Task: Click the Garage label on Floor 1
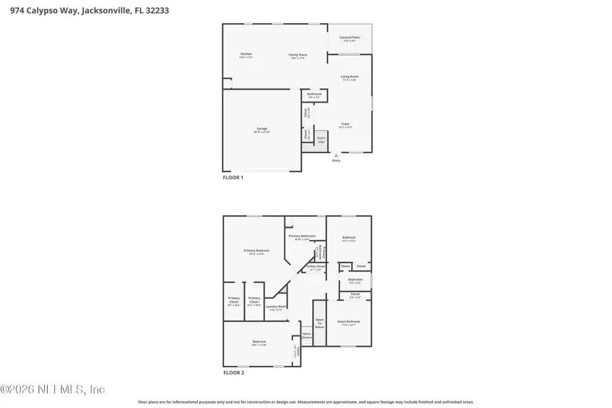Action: (x=262, y=129)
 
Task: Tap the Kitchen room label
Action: (x=246, y=54)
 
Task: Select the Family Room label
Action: (x=298, y=54)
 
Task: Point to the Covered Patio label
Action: (x=350, y=38)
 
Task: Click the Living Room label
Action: (x=350, y=77)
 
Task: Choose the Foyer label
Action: (x=345, y=124)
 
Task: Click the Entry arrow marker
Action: (x=336, y=155)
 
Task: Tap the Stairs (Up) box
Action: (x=321, y=139)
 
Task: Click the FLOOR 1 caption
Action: (x=233, y=177)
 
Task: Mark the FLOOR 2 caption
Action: (x=233, y=373)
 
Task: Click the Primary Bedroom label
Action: (x=254, y=251)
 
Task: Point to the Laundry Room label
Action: (x=277, y=307)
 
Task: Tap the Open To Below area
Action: (x=320, y=322)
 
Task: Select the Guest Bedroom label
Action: (x=350, y=322)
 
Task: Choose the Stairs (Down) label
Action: (x=307, y=335)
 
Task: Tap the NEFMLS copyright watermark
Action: (x=53, y=390)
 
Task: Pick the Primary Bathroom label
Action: (x=303, y=237)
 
